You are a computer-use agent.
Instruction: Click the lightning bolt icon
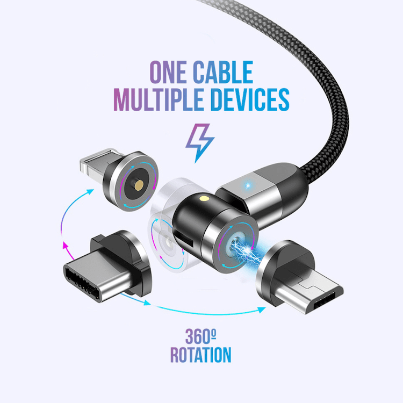point(200,141)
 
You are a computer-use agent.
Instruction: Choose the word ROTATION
point(201,355)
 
